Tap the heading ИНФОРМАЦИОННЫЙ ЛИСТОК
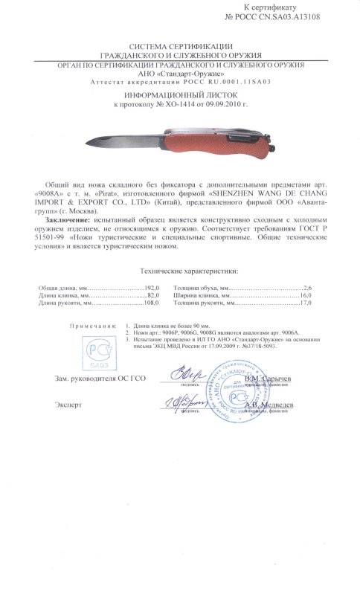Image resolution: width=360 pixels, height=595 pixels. [x=179, y=97]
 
